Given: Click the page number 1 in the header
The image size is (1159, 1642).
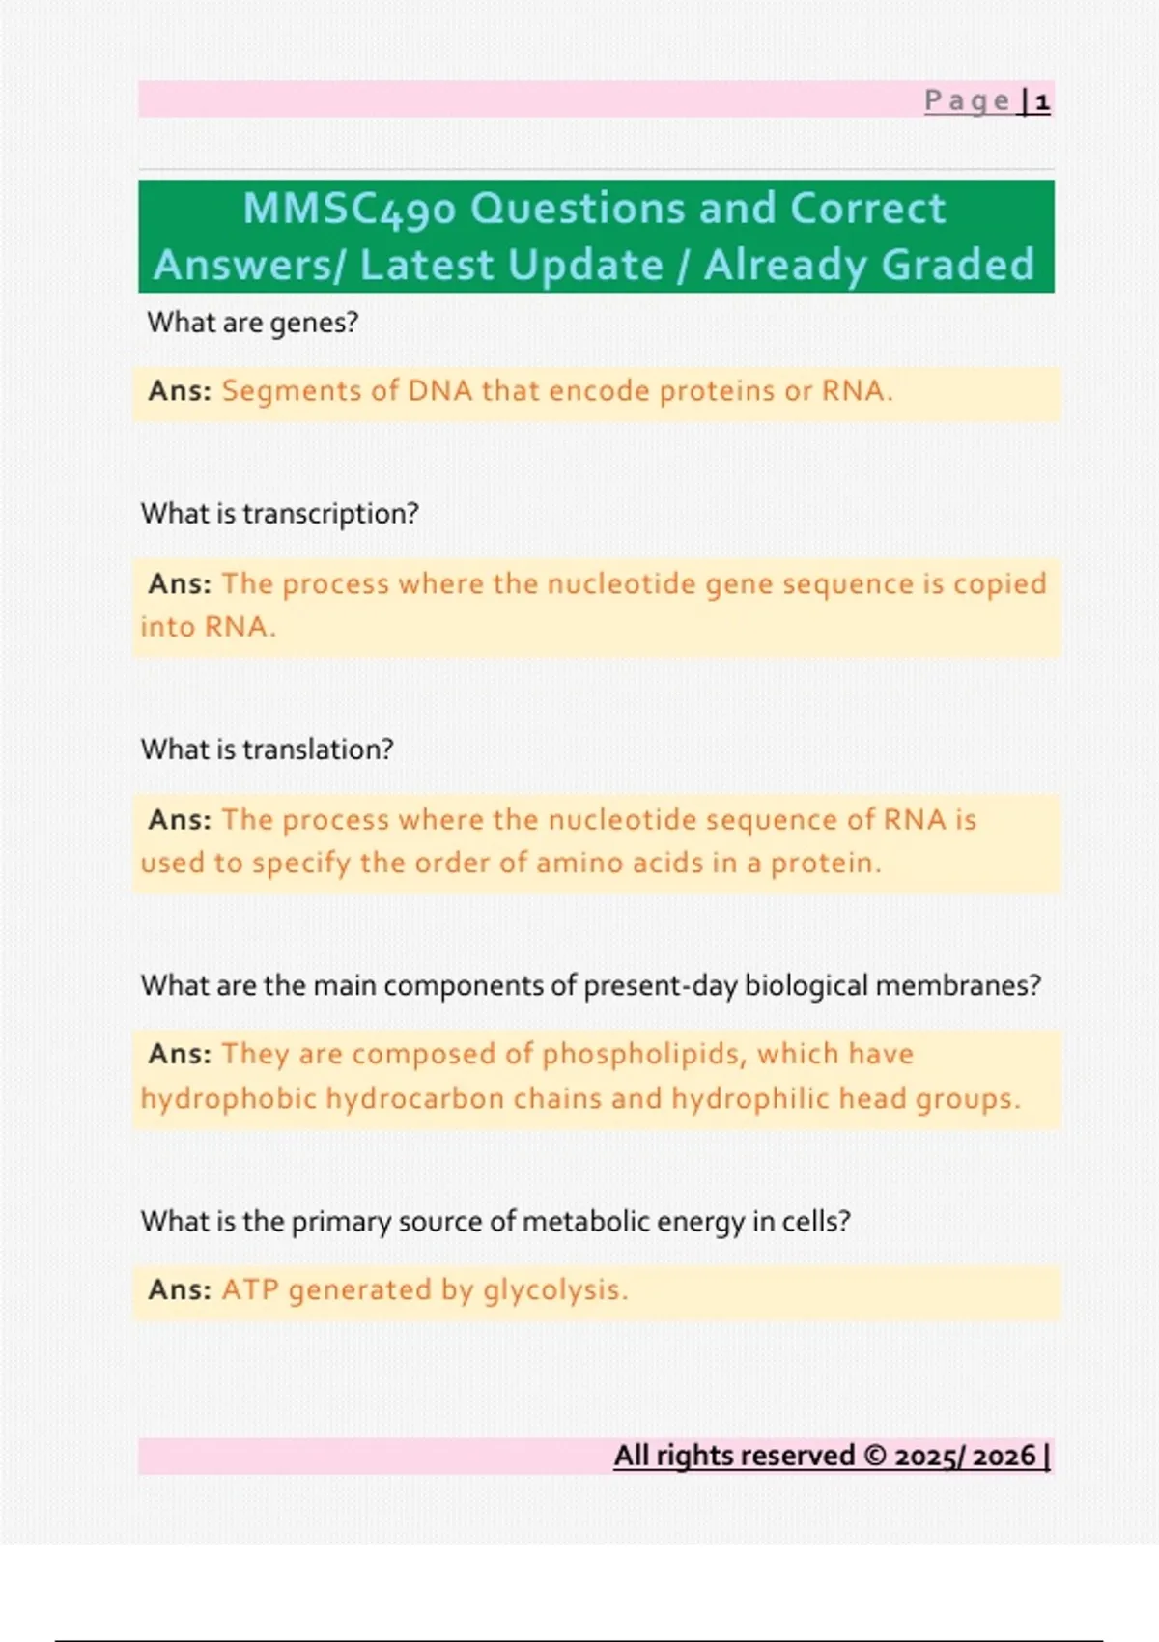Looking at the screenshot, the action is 1042,101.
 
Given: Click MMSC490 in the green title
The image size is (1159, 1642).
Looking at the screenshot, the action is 350,209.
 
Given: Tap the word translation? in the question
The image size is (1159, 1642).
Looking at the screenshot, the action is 318,750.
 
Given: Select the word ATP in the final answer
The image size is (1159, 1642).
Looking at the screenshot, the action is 250,1289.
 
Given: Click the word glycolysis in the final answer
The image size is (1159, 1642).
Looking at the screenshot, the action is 555,1290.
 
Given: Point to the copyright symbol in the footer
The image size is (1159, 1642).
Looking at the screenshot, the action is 875,1455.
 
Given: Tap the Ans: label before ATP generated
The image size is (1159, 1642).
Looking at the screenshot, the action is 180,1289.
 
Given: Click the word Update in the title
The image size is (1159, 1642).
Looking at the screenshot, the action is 585,266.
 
